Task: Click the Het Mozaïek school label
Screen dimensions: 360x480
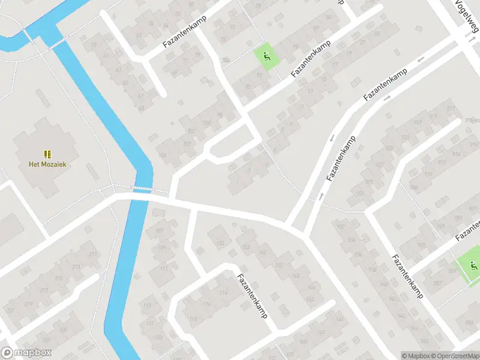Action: click(47, 164)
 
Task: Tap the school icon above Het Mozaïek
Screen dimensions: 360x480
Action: click(47, 154)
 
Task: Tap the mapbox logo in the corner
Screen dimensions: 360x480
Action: click(26, 353)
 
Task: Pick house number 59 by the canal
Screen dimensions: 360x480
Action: click(93, 45)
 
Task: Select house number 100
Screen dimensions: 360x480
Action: click(206, 123)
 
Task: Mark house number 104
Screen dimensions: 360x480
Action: click(162, 155)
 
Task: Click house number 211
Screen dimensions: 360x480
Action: click(92, 254)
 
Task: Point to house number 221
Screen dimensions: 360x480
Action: click(10, 310)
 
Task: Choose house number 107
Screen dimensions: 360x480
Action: click(159, 231)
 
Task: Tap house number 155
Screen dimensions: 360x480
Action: click(220, 243)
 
